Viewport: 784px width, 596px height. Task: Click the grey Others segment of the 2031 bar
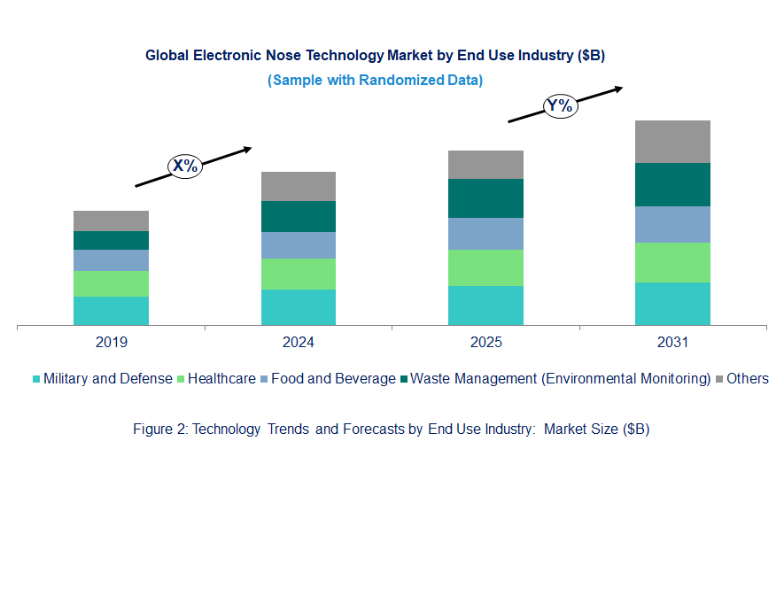(672, 142)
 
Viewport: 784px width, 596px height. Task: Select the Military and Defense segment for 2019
(111, 311)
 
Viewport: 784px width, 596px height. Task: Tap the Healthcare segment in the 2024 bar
(299, 274)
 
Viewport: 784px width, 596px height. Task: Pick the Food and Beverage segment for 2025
(485, 234)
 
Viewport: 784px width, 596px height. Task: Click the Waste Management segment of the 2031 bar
(672, 184)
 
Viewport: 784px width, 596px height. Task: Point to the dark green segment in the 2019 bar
(111, 240)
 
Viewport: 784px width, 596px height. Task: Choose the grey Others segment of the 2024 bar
(299, 186)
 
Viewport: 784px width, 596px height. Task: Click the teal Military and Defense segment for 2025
(485, 306)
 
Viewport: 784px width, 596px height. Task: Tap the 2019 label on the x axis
(112, 343)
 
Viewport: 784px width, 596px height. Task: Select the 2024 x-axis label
(299, 343)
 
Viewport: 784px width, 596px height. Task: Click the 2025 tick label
(485, 343)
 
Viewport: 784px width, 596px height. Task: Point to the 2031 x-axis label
(672, 343)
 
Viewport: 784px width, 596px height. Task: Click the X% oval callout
(186, 166)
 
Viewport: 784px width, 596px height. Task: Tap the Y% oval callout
(561, 106)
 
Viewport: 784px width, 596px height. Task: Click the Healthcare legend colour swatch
(182, 379)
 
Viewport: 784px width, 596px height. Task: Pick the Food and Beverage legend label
(333, 378)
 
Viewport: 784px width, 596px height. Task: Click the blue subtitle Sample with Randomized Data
(375, 80)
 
